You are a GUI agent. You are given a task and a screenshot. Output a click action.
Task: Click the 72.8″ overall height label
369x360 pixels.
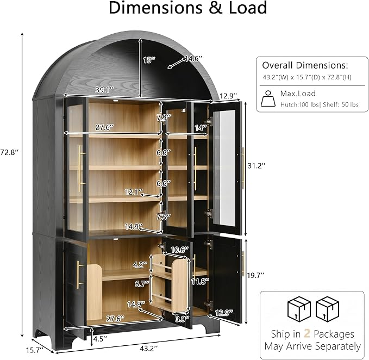(9, 152)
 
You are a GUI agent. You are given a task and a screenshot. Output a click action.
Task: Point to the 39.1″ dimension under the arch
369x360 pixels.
(104, 90)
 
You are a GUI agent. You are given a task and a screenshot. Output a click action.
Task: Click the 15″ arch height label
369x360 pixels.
(149, 60)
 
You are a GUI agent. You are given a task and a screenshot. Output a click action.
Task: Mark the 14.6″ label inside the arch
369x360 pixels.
(193, 59)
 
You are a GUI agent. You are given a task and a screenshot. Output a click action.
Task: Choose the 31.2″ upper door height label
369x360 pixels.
(257, 166)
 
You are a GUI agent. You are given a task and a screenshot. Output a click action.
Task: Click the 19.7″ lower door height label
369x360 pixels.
(255, 275)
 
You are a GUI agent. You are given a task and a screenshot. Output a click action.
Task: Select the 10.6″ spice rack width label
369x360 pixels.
(179, 250)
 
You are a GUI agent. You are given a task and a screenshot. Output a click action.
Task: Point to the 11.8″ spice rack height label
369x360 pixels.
(200, 281)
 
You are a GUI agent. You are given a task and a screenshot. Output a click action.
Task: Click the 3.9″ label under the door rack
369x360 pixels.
(182, 319)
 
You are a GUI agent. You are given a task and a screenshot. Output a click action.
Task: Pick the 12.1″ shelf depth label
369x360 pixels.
(134, 192)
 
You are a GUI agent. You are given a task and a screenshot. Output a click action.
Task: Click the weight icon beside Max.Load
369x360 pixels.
(268, 98)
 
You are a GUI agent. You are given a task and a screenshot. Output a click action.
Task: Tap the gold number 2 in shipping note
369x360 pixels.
(307, 334)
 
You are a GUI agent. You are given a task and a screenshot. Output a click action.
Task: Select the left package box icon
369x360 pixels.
(299, 309)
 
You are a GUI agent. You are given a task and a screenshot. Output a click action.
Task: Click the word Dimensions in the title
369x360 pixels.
(155, 8)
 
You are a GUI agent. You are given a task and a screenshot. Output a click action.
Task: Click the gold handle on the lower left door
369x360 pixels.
(79, 275)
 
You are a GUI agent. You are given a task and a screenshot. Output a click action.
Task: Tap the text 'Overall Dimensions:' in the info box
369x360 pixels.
(305, 65)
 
